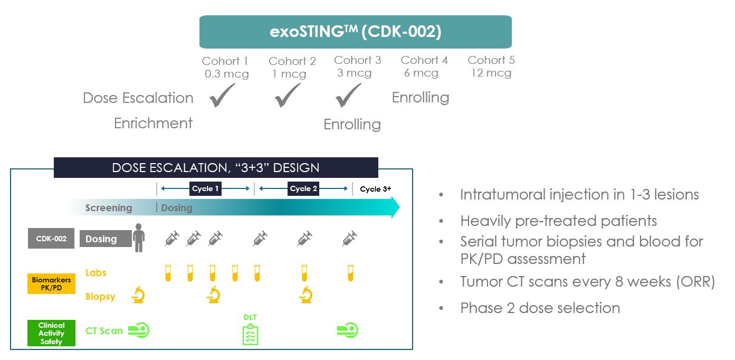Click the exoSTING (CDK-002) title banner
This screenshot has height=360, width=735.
355,32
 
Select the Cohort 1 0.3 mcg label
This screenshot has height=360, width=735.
226,67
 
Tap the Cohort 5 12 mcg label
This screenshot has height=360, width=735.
491,67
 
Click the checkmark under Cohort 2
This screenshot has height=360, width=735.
288,95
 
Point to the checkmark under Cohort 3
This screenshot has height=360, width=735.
348,95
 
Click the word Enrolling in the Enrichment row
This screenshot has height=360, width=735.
352,125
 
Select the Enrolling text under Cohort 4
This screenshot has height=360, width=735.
421,98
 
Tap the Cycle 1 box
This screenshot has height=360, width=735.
205,188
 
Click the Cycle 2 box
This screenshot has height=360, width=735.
303,188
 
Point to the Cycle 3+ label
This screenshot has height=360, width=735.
375,189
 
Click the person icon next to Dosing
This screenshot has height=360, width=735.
139,238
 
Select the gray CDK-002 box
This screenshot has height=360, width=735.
51,238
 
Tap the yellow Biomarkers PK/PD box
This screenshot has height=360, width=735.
52,283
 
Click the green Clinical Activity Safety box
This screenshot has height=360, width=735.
52,333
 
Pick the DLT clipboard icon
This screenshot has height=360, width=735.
250,335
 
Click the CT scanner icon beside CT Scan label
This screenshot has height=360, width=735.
139,330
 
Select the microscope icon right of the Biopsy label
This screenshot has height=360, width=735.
138,295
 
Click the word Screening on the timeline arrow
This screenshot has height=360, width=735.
109,208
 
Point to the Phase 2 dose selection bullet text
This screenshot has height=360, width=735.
540,308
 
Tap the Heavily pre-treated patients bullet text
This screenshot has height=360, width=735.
558,221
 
